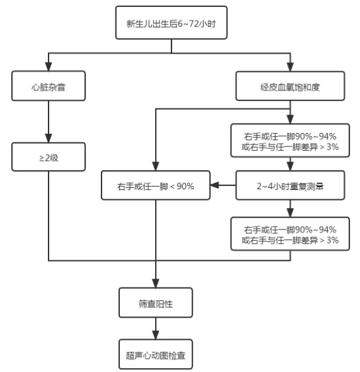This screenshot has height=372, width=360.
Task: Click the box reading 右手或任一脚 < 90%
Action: pos(156,186)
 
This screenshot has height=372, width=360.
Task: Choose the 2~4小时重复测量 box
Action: pos(290,186)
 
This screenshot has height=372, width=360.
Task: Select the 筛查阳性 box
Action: pos(156,304)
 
